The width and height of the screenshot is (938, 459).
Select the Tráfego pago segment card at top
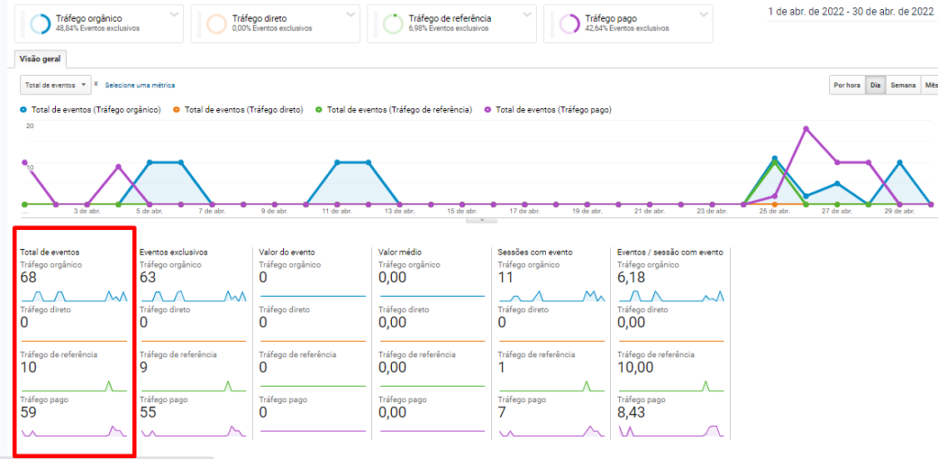click(627, 23)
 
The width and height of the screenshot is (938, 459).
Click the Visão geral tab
click(40, 58)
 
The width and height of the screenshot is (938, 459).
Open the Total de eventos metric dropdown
click(56, 84)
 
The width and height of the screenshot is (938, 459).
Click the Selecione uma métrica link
click(139, 85)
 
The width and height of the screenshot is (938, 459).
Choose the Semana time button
click(903, 85)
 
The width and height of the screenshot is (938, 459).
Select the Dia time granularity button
click(875, 85)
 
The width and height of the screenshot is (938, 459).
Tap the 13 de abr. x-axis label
click(399, 212)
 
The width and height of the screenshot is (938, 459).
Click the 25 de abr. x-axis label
click(774, 212)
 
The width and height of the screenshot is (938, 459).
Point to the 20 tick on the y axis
click(29, 126)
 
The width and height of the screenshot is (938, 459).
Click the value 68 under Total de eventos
click(28, 278)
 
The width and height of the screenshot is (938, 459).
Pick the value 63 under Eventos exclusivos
click(147, 278)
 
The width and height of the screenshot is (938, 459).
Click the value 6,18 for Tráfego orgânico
click(631, 278)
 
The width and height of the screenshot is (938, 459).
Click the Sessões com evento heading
click(534, 251)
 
